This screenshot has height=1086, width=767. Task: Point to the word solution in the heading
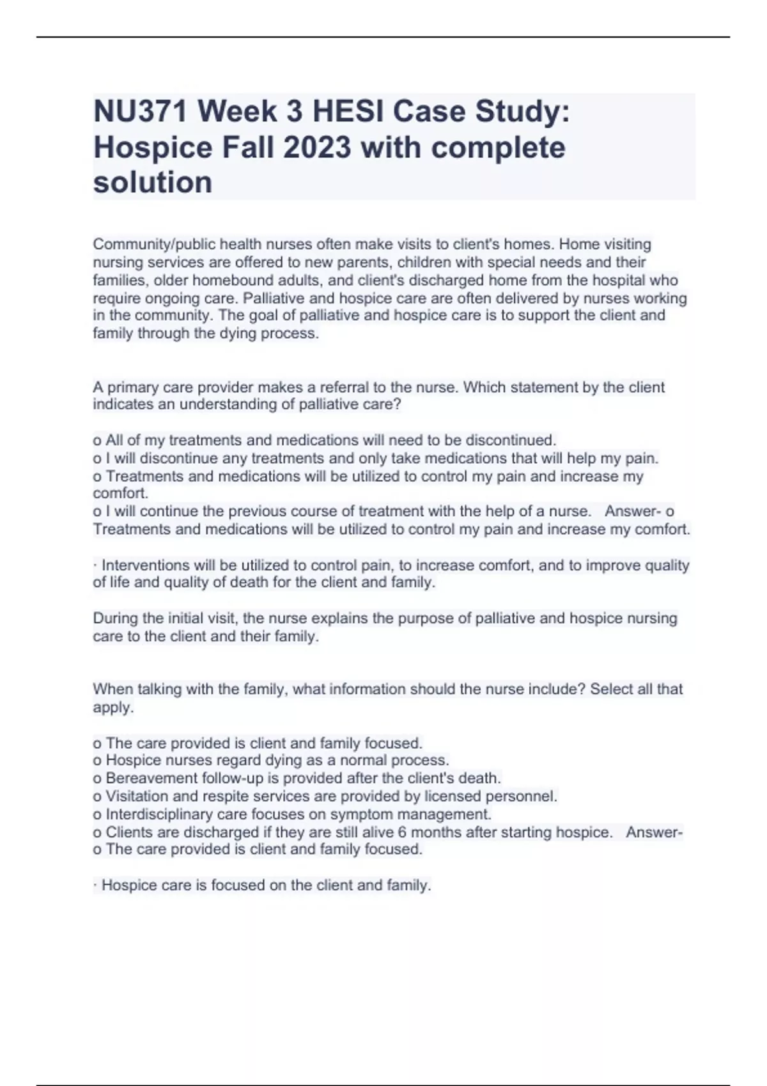click(153, 183)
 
